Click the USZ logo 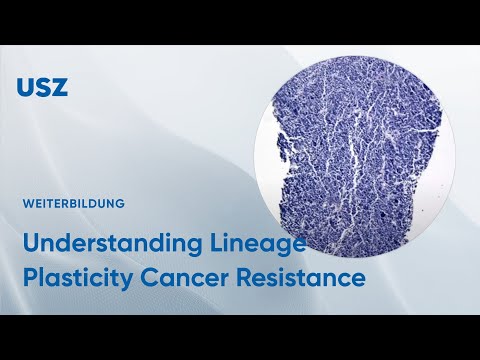tap(42, 86)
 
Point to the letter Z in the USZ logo tap(59, 86)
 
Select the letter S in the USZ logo tap(42, 86)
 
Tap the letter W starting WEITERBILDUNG tap(26, 203)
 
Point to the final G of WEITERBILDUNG tap(120, 203)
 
